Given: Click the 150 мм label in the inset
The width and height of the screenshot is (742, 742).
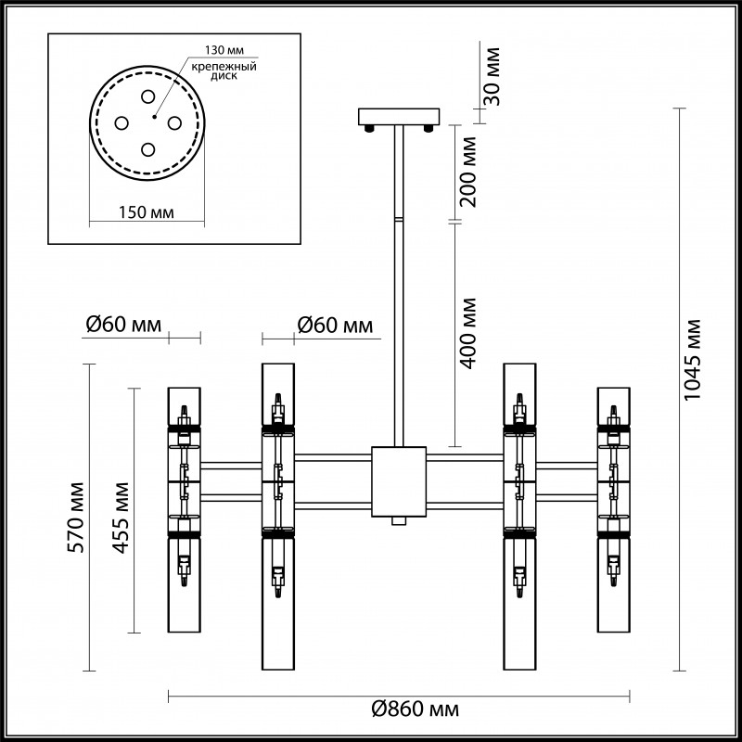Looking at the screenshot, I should click(x=147, y=213).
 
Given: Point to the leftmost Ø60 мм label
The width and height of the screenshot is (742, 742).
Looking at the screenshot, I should click(x=122, y=325).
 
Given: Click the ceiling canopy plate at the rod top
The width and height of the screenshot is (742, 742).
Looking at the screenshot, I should click(x=397, y=116).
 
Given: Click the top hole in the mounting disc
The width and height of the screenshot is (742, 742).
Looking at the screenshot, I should click(x=147, y=96).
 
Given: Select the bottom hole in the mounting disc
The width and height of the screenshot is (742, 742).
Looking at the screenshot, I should click(x=147, y=147).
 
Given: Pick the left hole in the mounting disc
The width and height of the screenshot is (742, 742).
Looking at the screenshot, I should click(x=122, y=122).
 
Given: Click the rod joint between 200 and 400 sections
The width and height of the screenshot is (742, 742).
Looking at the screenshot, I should click(x=397, y=220).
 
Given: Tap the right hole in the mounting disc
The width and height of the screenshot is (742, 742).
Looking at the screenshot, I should click(x=173, y=122).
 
